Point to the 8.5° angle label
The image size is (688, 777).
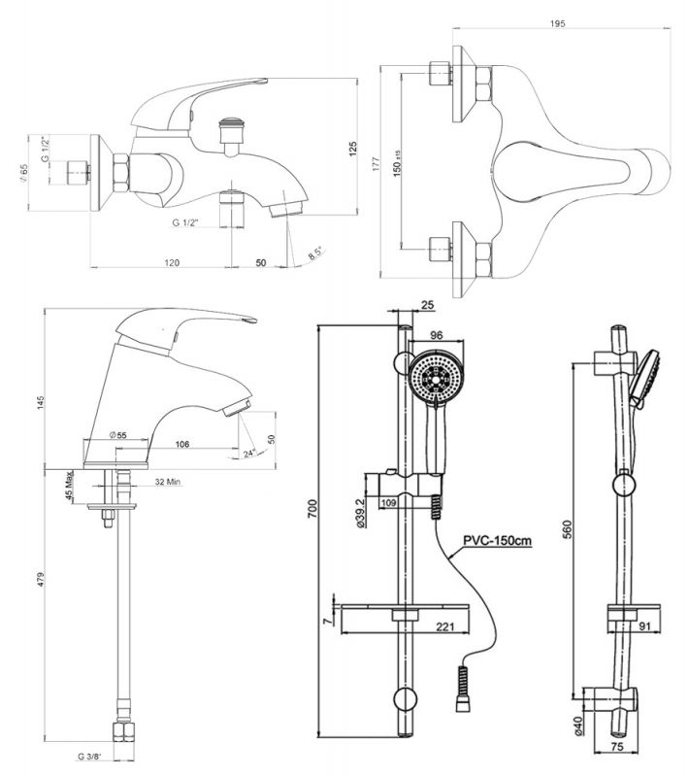point(316,254)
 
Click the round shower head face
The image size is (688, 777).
point(433,376)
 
